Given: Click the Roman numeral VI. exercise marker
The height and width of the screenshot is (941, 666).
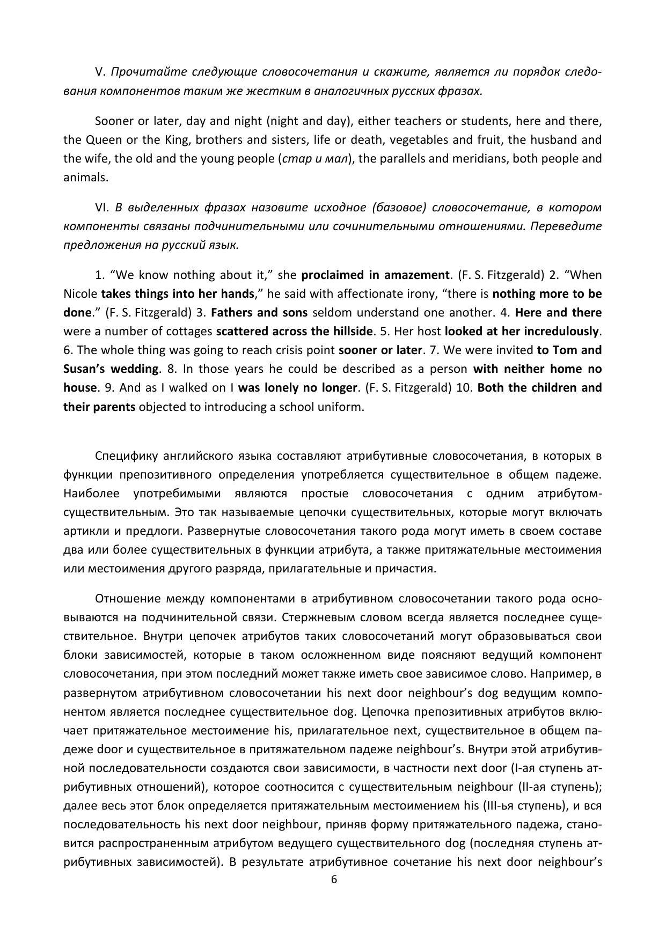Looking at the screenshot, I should coord(102,207).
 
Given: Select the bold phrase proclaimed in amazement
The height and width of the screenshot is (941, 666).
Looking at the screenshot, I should coord(375,275).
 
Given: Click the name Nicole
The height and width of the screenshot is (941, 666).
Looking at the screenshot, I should coord(80,293).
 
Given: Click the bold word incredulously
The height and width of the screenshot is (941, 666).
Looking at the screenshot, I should coord(561,331).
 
